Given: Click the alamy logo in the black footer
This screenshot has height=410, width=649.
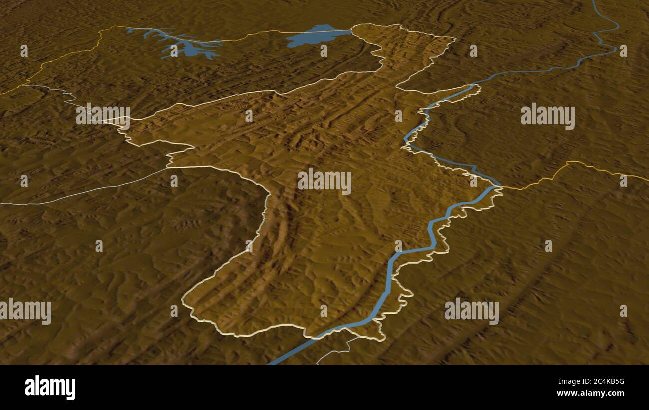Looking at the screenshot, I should tap(50, 388).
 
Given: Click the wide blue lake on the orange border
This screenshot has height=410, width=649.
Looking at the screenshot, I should tap(316, 36).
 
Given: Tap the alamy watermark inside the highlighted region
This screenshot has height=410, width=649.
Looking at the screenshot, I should tap(324, 181).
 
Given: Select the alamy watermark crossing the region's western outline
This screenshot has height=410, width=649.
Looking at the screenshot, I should tap(103, 115).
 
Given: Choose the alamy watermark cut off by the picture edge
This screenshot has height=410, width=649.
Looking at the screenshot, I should tap(26, 311).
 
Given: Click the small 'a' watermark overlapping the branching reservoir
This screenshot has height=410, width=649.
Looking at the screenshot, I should tap(174, 51).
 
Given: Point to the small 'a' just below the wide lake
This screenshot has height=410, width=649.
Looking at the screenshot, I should tap(324, 51).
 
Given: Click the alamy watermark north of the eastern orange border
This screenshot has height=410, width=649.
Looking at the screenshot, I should tap(547, 116).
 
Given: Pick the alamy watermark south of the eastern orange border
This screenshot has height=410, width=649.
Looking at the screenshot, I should tap(471, 311).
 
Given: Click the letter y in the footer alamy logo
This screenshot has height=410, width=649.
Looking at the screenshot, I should tap(71, 389).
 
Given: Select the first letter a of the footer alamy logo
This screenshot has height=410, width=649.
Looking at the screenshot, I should tap(30, 388).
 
